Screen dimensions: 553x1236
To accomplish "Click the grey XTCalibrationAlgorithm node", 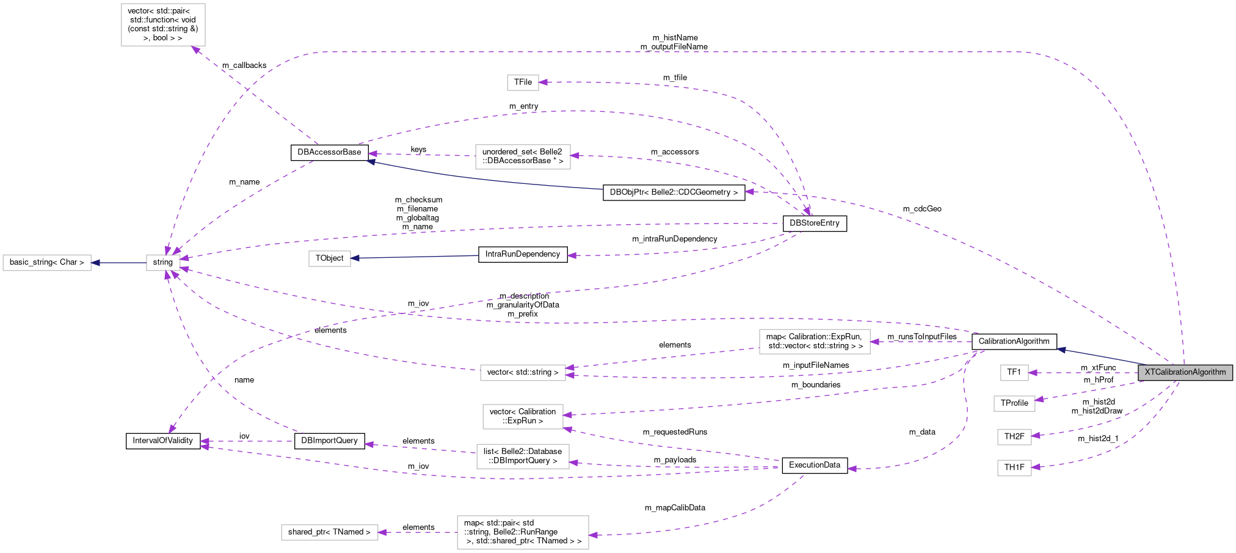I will (x=1185, y=372).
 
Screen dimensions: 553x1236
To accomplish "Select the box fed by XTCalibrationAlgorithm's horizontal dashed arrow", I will (x=1014, y=373).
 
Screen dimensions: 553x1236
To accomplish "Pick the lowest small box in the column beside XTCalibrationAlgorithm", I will (x=1014, y=468).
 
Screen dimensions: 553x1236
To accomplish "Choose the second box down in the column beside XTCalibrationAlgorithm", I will (x=1014, y=404).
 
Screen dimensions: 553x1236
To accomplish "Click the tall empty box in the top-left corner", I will (x=163, y=25).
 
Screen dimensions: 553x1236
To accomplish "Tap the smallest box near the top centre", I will (x=523, y=82).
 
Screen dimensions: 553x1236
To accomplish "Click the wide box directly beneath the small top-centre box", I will (x=523, y=157).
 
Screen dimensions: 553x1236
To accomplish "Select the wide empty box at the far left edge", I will (x=47, y=263).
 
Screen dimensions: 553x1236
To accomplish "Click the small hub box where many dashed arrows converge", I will (x=163, y=263).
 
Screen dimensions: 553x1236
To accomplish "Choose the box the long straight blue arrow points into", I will (x=330, y=259).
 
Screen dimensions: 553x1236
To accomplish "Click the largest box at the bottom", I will (x=523, y=532).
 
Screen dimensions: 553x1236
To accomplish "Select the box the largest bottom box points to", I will (x=330, y=532).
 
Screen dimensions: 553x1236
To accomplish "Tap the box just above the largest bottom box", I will (x=523, y=456).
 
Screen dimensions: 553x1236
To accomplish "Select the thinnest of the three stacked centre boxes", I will (x=523, y=373).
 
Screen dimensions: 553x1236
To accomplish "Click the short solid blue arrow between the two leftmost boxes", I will (x=119, y=263).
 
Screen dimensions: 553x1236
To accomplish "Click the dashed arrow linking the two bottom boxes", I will (x=418, y=532).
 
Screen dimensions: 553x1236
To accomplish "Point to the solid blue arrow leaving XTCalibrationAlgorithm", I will (x=1099, y=356).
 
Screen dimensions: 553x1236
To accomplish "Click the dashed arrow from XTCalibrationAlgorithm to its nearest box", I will (x=1084, y=373).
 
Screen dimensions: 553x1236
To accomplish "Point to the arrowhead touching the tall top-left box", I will (x=197, y=50).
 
